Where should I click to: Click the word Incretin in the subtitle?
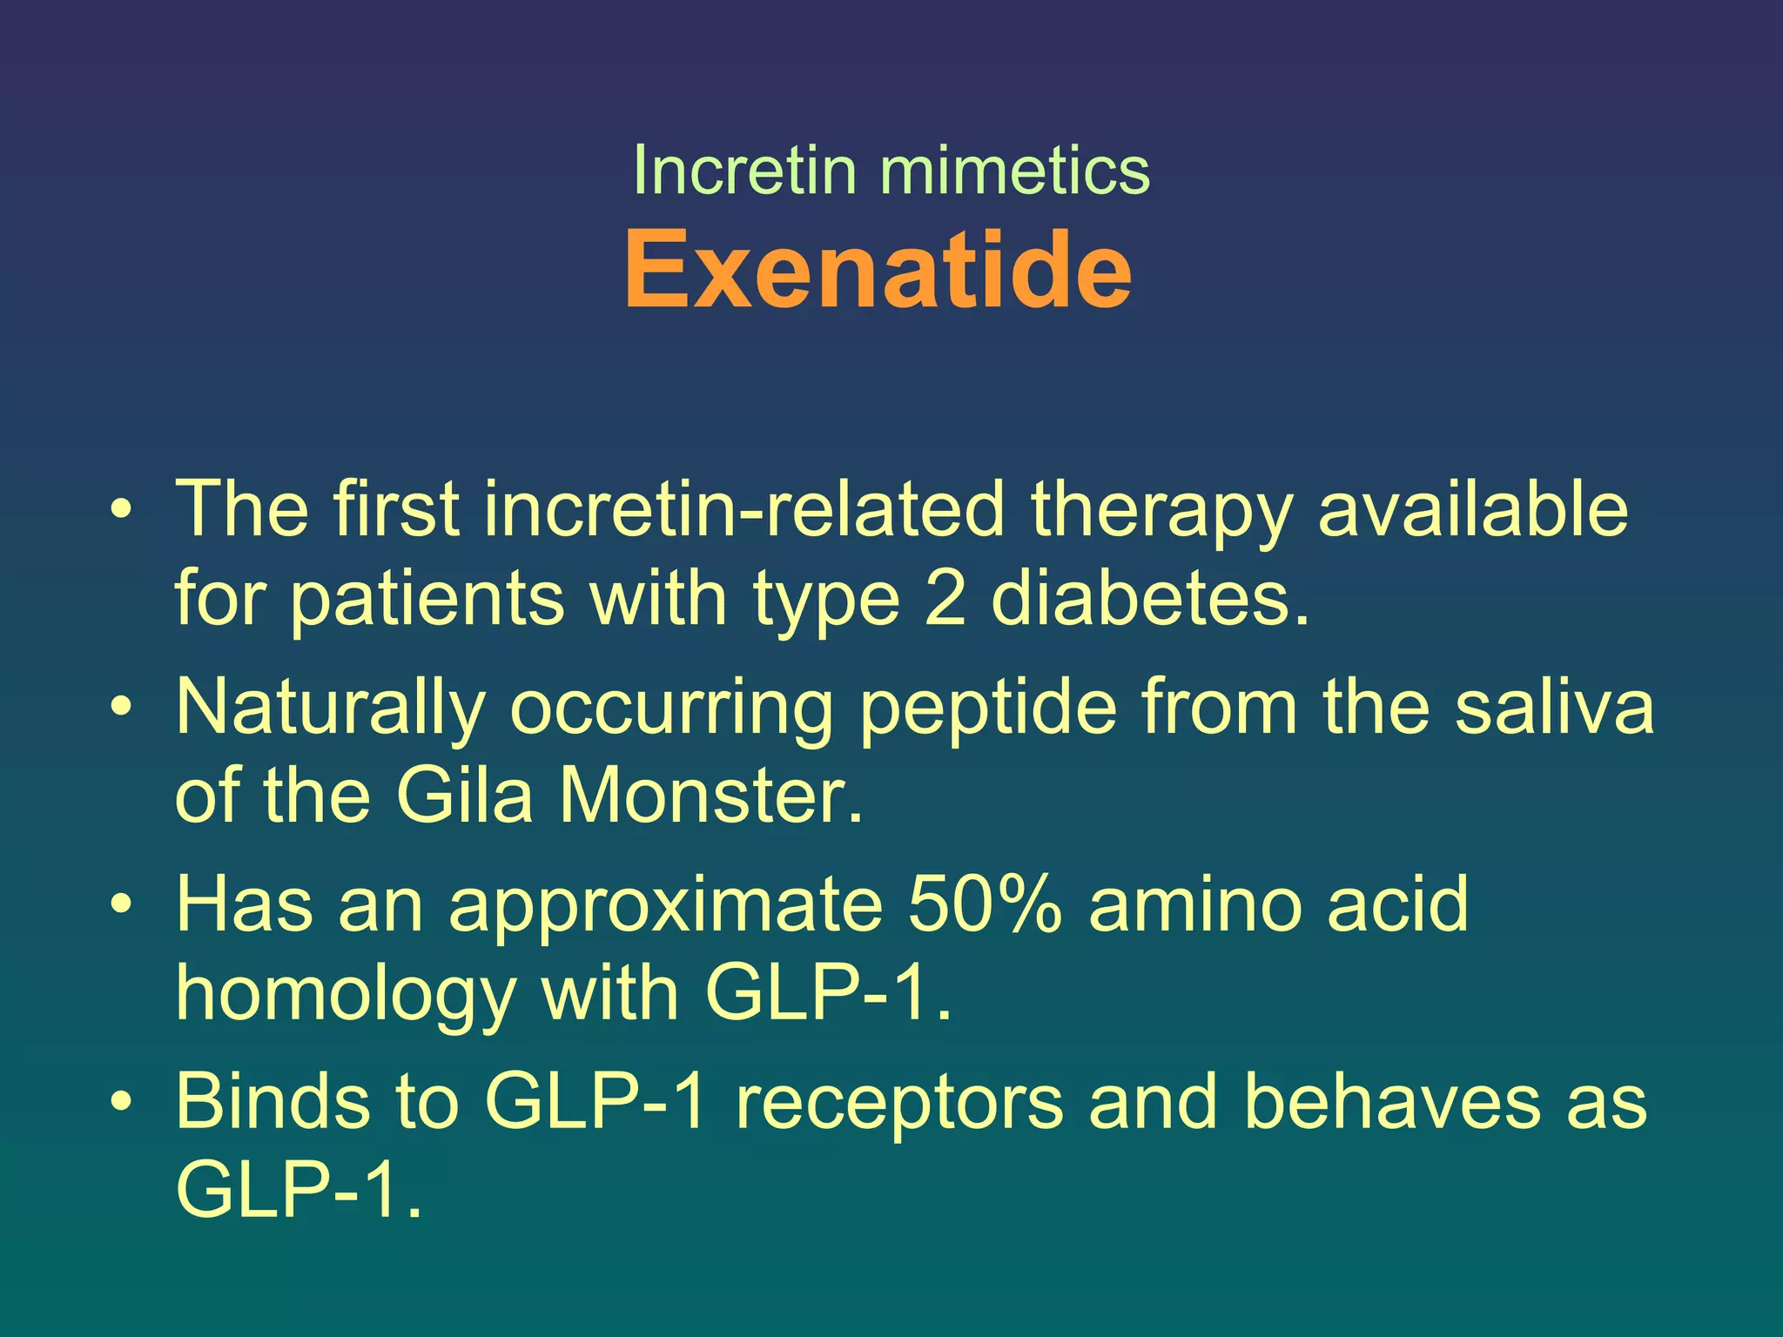[744, 169]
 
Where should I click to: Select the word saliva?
[1554, 707]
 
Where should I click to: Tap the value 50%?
[984, 904]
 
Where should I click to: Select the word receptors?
[899, 1103]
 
